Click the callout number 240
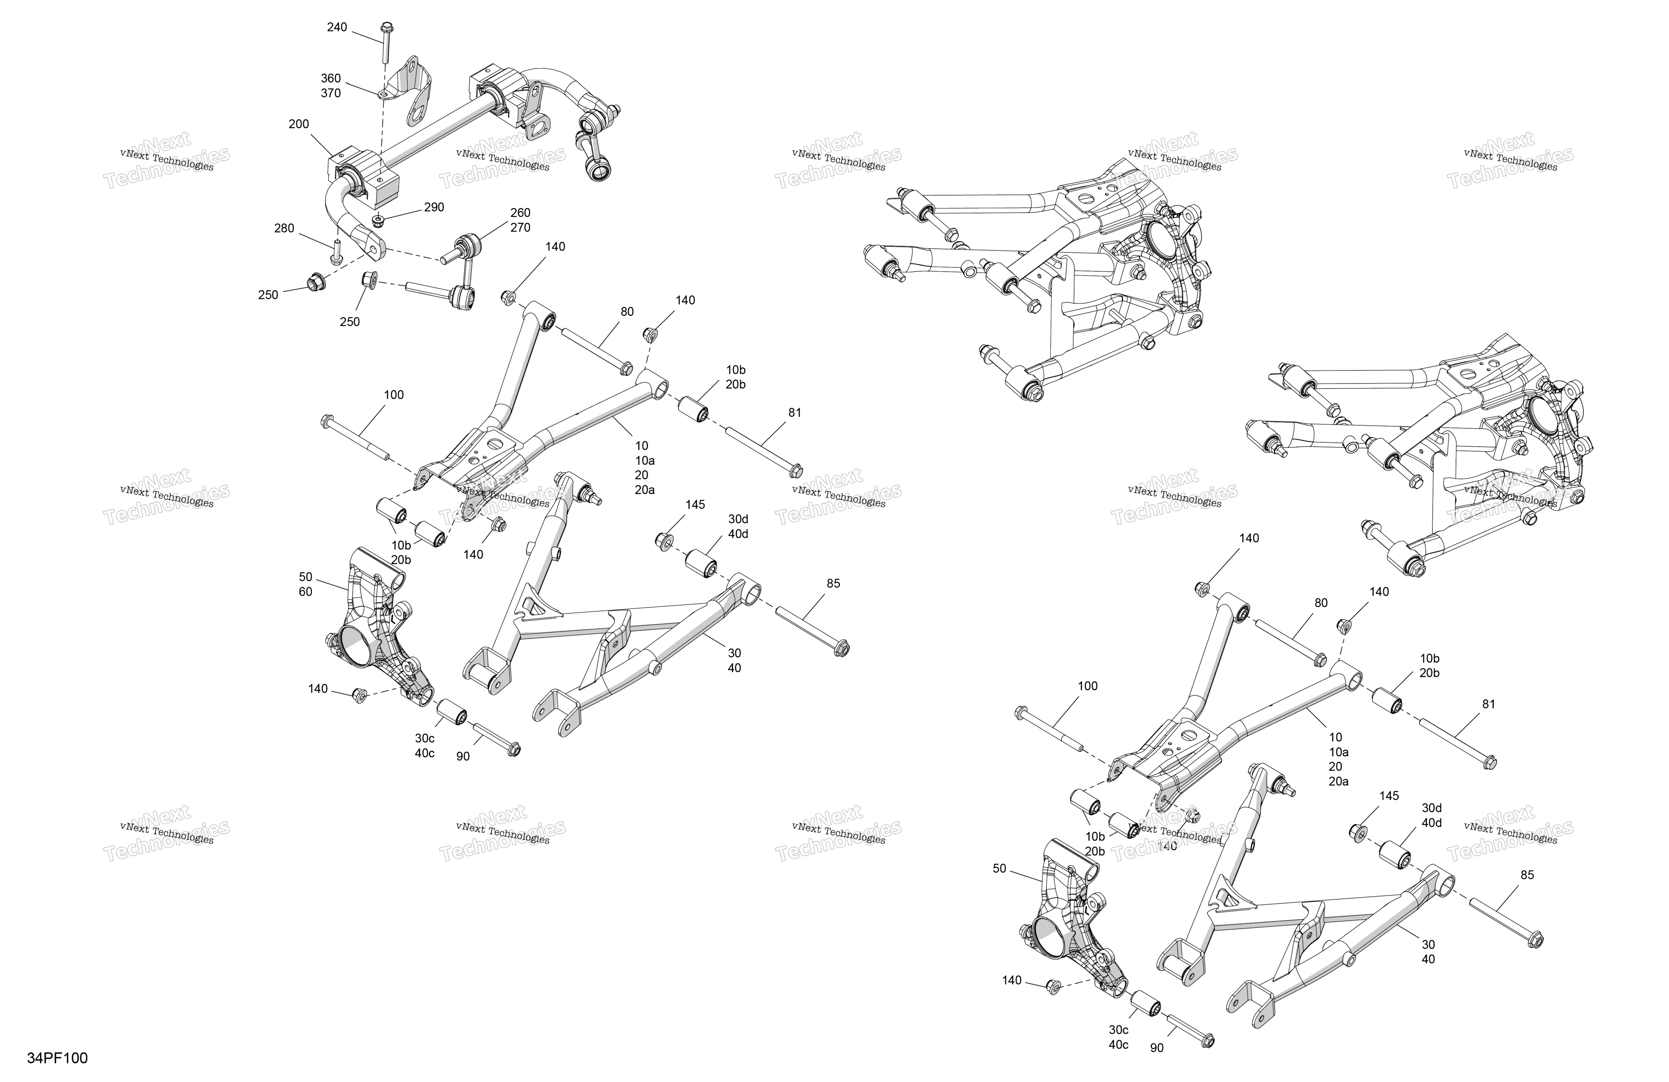pos(337,27)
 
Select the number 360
pos(331,79)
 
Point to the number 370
pos(331,93)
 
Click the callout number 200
pos(299,124)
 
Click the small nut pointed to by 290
pos(379,221)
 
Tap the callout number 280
pos(284,229)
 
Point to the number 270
pos(520,228)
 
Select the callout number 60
pos(306,592)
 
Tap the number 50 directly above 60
pos(306,577)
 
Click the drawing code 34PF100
pos(58,1058)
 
